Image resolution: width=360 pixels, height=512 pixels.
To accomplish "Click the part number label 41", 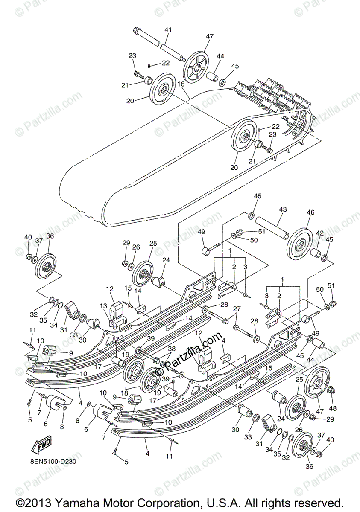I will coord(168,30).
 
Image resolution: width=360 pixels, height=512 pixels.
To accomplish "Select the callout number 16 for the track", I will coord(181,84).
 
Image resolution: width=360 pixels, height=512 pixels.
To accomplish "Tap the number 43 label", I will coord(283,209).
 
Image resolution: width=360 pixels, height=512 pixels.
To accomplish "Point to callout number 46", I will coord(310,212).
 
